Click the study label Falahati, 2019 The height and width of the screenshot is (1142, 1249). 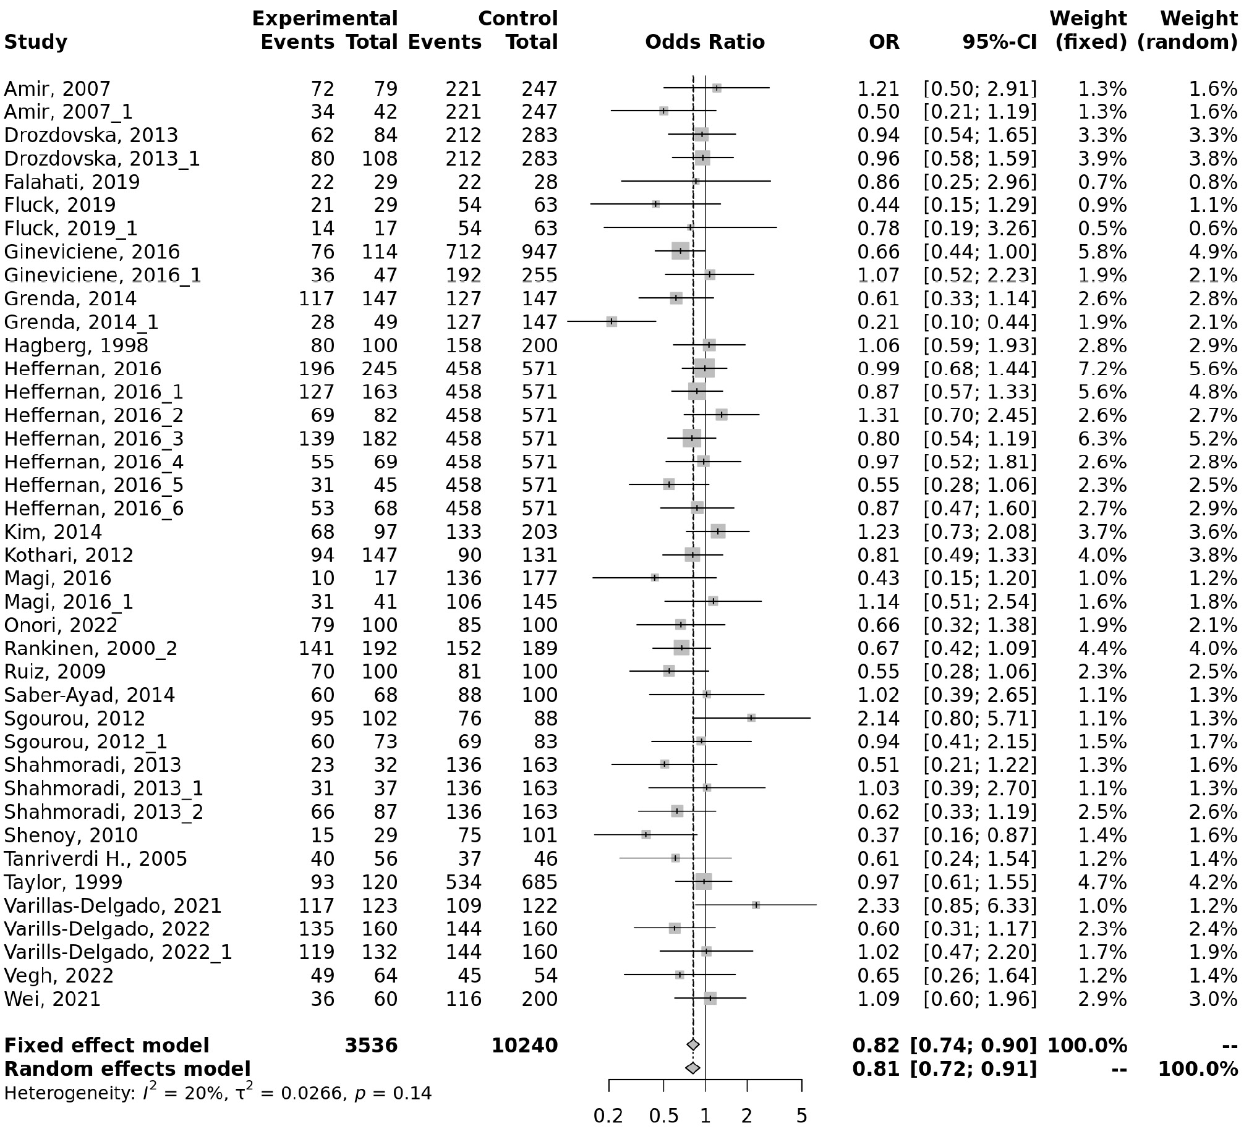(x=72, y=182)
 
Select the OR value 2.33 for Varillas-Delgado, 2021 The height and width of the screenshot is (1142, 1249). (x=877, y=906)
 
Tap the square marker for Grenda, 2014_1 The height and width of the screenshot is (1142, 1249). (x=612, y=321)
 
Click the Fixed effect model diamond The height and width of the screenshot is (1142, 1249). (x=693, y=1046)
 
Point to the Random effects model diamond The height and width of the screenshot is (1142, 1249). (x=693, y=1068)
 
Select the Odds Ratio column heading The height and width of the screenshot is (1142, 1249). (x=705, y=42)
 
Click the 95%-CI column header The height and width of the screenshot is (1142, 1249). (x=999, y=42)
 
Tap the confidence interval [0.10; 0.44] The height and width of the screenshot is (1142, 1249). (x=979, y=322)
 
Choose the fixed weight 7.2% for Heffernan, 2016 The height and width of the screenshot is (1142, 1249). (x=1102, y=369)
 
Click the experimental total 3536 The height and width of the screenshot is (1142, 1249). (x=371, y=1046)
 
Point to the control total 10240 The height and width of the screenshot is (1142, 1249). (x=525, y=1046)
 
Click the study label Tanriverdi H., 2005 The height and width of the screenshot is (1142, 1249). (x=95, y=859)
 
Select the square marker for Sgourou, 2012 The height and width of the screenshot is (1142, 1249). (x=751, y=718)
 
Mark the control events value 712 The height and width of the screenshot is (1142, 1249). (x=463, y=252)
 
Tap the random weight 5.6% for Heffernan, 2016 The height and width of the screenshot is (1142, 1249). (x=1213, y=369)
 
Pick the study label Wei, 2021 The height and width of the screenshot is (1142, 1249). (x=52, y=999)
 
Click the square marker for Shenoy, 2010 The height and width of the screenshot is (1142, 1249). (x=646, y=835)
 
